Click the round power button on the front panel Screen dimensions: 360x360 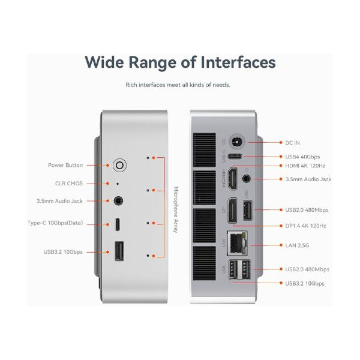pyautogui.click(x=119, y=165)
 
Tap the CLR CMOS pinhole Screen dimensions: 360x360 pyautogui.click(x=118, y=184)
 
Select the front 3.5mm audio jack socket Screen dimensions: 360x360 pyautogui.click(x=118, y=201)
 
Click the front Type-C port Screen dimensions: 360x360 pyautogui.click(x=118, y=224)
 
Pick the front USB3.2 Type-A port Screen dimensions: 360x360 pyautogui.click(x=119, y=251)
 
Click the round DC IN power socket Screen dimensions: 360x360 pyautogui.click(x=236, y=141)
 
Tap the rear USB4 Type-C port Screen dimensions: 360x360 pyautogui.click(x=235, y=157)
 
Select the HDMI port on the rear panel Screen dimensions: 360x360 pyautogui.click(x=232, y=179)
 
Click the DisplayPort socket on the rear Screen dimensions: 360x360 pyautogui.click(x=232, y=211)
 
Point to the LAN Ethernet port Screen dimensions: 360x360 pyautogui.click(x=237, y=243)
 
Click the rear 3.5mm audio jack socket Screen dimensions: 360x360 pyautogui.click(x=247, y=178)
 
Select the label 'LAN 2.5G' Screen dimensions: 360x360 pyautogui.click(x=297, y=245)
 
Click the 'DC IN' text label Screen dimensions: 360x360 pyautogui.click(x=292, y=143)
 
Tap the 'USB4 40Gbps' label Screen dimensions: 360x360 pyautogui.click(x=302, y=157)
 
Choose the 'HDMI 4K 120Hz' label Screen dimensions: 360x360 pyautogui.click(x=305, y=166)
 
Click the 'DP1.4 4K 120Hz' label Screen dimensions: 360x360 pyautogui.click(x=305, y=226)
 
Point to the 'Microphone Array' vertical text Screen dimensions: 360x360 pyautogui.click(x=176, y=209)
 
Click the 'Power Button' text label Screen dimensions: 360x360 pyautogui.click(x=65, y=165)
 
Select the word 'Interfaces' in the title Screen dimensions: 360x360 pyautogui.click(x=238, y=62)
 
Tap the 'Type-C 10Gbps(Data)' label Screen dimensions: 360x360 pyautogui.click(x=55, y=223)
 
